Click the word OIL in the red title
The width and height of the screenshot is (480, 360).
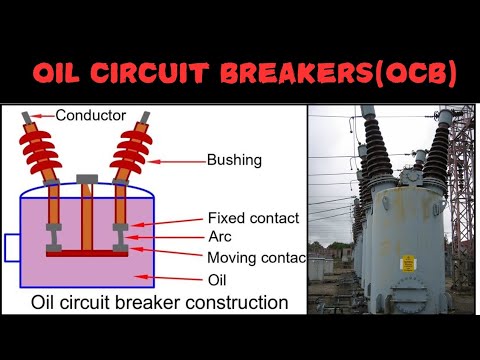coord(63,75)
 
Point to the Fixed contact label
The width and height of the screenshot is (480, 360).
coord(254,218)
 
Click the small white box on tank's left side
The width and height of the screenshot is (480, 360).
coord(13,245)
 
